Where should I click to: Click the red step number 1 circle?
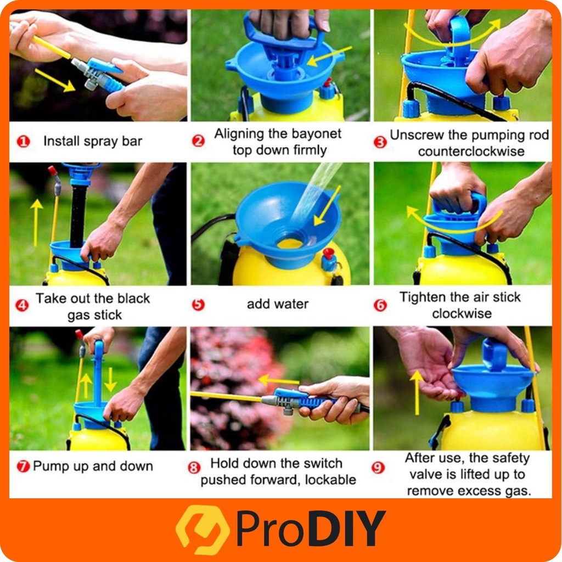point(23,142)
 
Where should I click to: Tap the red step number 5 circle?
point(198,305)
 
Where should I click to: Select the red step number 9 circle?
point(378,468)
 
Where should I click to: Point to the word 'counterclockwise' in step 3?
point(471,151)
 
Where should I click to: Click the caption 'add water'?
point(278,304)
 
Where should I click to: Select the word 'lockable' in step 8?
point(330,480)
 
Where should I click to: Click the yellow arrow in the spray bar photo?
point(55,80)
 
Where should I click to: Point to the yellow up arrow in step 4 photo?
point(36,223)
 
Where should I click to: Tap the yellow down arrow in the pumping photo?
point(110,380)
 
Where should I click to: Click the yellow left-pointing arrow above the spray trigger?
point(278,381)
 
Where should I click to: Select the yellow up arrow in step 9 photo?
point(417,393)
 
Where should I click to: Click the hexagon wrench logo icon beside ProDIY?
point(203,530)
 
